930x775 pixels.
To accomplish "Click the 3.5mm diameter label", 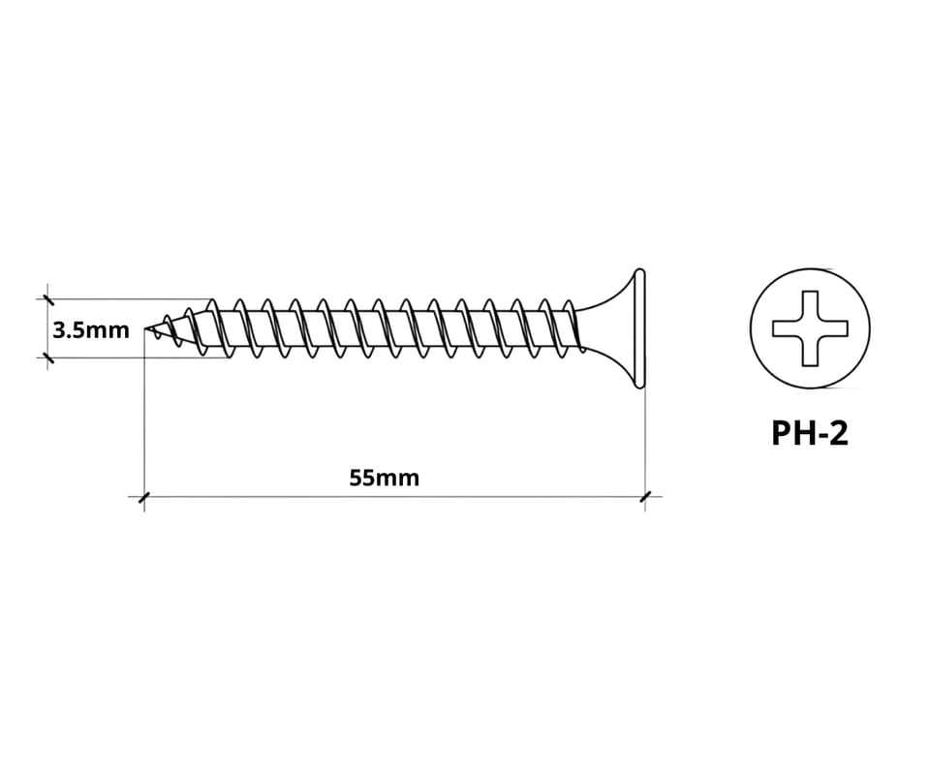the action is (91, 329).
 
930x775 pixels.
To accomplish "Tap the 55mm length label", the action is (385, 478).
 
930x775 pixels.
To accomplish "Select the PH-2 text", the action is (810, 433).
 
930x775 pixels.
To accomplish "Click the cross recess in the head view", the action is (810, 327).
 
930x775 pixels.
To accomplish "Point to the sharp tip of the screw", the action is (145, 327).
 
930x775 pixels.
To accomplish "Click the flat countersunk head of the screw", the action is (639, 328).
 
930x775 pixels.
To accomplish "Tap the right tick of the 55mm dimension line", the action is (645, 497).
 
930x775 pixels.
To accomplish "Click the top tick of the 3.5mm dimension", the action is (47, 299).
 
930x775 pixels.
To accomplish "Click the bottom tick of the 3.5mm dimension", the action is (47, 357).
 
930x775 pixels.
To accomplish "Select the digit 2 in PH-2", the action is (839, 433).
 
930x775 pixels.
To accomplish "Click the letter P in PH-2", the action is (781, 433).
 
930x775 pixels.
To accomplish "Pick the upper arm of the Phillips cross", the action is (810, 305).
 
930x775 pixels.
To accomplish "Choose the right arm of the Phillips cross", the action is (833, 327).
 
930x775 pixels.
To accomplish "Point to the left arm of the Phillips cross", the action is (787, 327).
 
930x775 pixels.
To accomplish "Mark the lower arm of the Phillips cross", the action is (810, 351).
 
